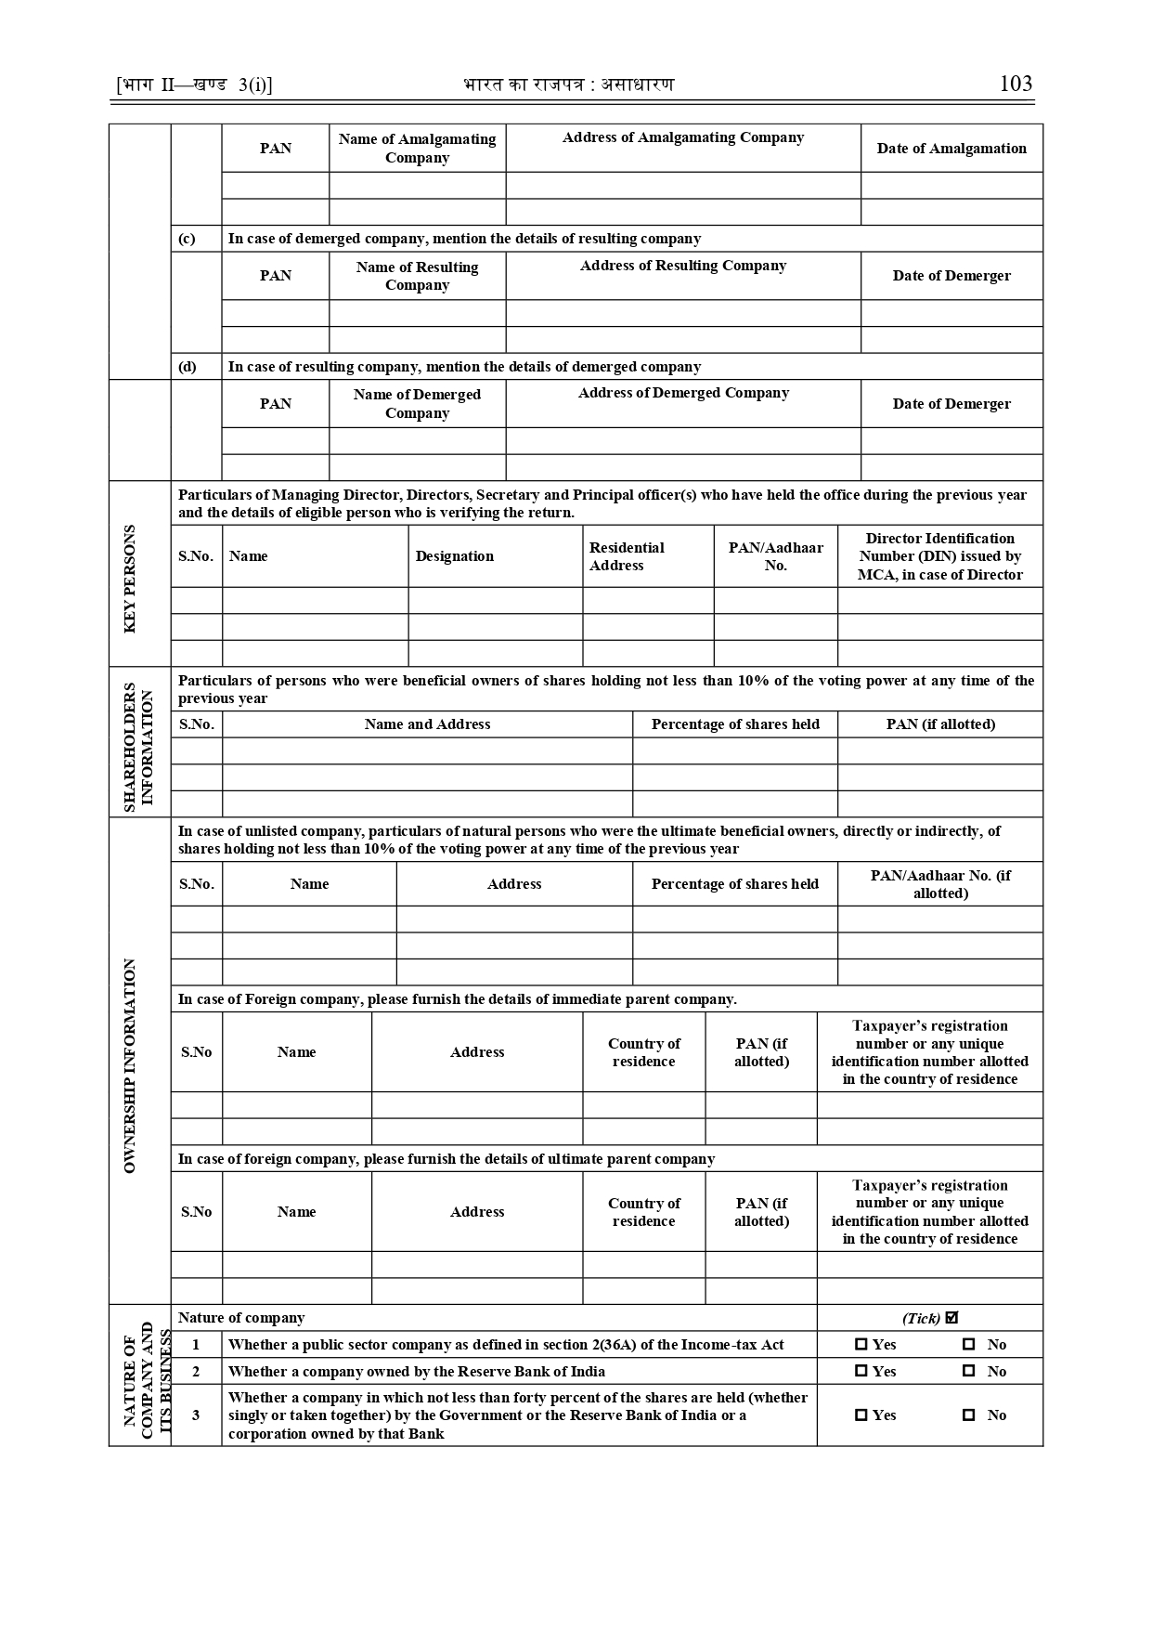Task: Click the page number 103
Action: pyautogui.click(x=1016, y=84)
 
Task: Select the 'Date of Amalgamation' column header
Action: pyautogui.click(x=951, y=149)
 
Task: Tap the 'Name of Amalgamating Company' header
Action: pyautogui.click(x=417, y=149)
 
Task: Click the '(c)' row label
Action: pyautogui.click(x=188, y=239)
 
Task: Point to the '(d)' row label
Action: pyautogui.click(x=188, y=367)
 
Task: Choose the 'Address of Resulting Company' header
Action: pyautogui.click(x=683, y=266)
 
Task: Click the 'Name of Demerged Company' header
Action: pyautogui.click(x=417, y=404)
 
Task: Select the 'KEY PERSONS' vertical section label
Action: pyautogui.click(x=130, y=579)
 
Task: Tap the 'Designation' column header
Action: pyautogui.click(x=455, y=556)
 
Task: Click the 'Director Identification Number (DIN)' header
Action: pyautogui.click(x=939, y=556)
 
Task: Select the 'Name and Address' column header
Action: pyautogui.click(x=427, y=724)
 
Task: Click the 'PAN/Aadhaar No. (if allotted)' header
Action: pyautogui.click(x=939, y=884)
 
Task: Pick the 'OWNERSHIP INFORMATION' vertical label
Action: pyautogui.click(x=130, y=1065)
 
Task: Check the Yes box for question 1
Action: pyautogui.click(x=861, y=1345)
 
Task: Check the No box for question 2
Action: pyautogui.click(x=969, y=1372)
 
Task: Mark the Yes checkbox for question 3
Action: pyautogui.click(x=861, y=1415)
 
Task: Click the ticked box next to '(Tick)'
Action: pyautogui.click(x=951, y=1318)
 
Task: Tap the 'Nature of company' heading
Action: pyautogui.click(x=241, y=1318)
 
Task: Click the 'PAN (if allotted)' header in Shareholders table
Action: pyautogui.click(x=939, y=724)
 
